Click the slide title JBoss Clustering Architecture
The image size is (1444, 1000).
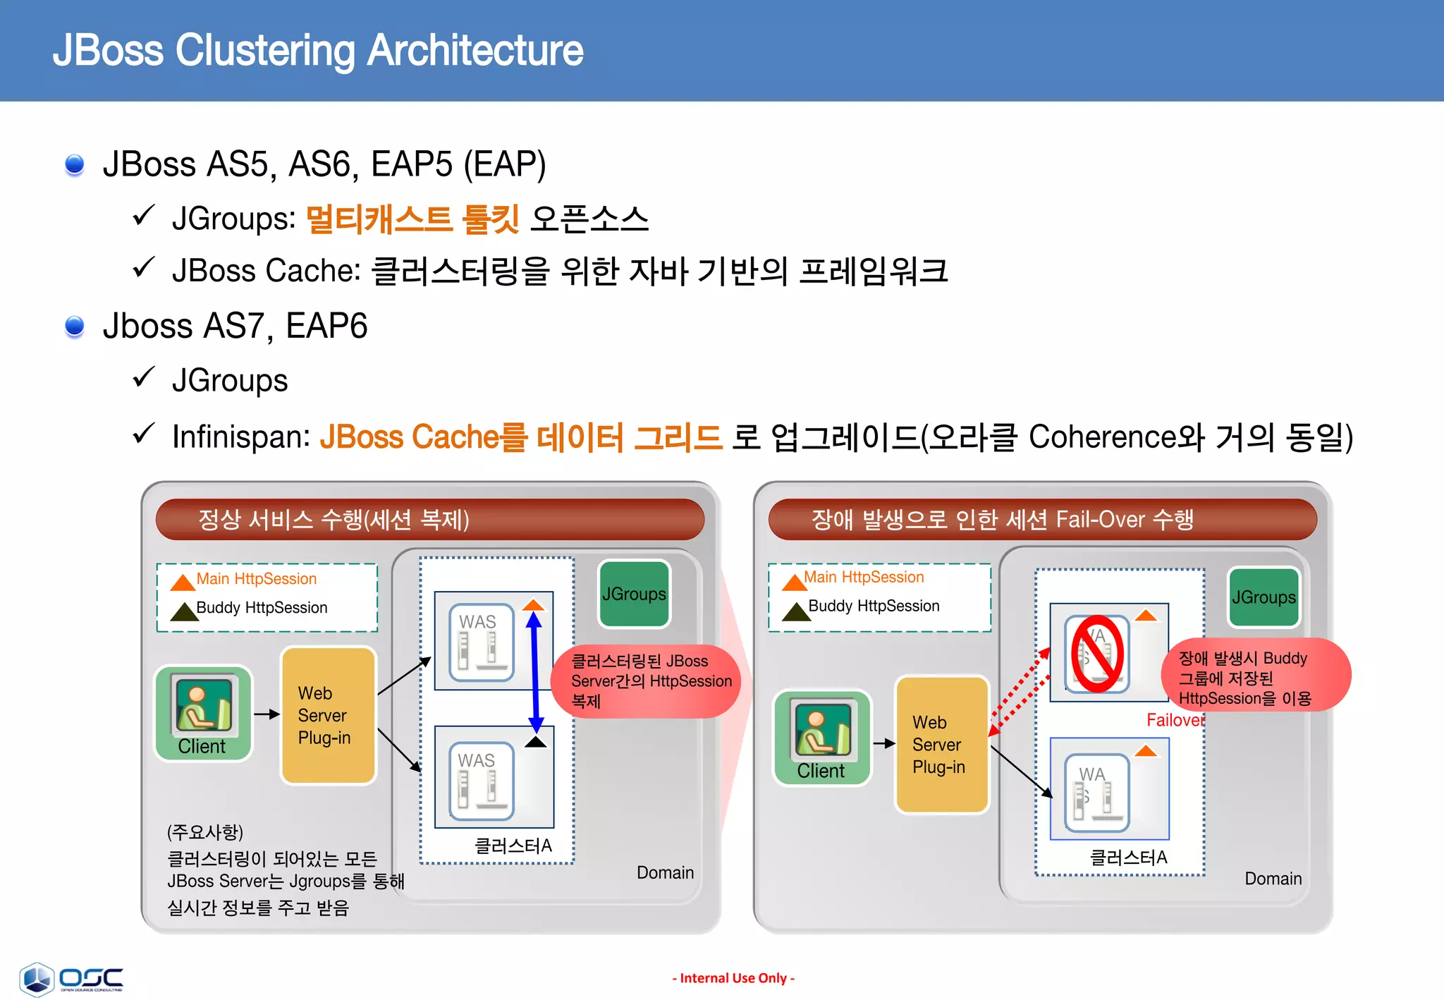pos(318,50)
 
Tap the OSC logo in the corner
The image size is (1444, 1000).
pos(71,979)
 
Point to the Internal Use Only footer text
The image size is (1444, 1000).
pos(733,978)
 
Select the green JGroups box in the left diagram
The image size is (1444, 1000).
pos(634,594)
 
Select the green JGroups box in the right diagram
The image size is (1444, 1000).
pos(1263,597)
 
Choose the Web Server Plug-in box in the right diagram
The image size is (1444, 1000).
pos(941,744)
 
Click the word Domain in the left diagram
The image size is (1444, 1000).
pos(665,872)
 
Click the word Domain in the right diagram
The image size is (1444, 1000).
pos(1273,879)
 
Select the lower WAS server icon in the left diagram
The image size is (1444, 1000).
pos(482,780)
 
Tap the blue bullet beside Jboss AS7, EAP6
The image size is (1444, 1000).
pos(75,327)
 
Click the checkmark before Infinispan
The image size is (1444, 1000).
pos(144,433)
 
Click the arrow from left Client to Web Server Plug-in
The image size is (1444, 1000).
pos(267,714)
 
